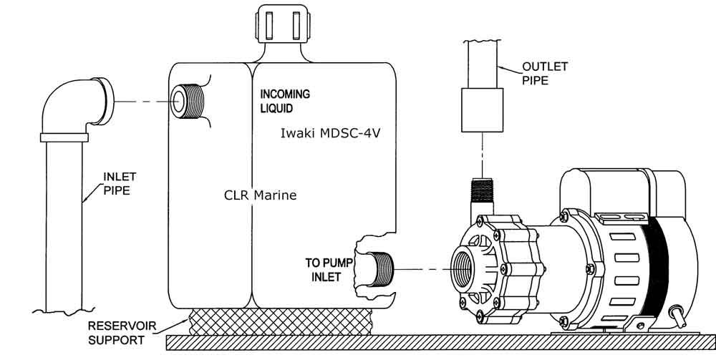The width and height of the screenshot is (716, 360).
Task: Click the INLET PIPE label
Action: coord(120,183)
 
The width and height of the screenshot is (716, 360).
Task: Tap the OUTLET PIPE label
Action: coord(545,73)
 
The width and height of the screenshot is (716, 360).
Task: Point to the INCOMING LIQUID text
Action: coord(285,102)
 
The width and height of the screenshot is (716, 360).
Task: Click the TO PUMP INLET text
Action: coord(329,269)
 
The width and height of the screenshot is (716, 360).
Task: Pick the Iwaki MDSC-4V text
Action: coord(330,134)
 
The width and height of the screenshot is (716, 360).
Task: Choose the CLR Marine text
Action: coord(261,195)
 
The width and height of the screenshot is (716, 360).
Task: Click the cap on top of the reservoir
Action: coord(284,24)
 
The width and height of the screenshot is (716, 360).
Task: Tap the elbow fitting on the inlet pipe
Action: coord(77,106)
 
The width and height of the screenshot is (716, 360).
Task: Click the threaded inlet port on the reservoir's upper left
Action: coord(187,102)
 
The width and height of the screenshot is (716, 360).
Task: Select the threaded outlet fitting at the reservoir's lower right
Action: coord(380,268)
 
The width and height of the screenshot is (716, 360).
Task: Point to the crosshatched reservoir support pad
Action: coord(280,321)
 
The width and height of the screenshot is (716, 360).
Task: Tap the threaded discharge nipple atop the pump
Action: coord(482,190)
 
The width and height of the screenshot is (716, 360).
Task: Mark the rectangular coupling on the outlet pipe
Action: coord(482,110)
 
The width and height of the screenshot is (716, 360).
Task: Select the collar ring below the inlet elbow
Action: coord(64,137)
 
